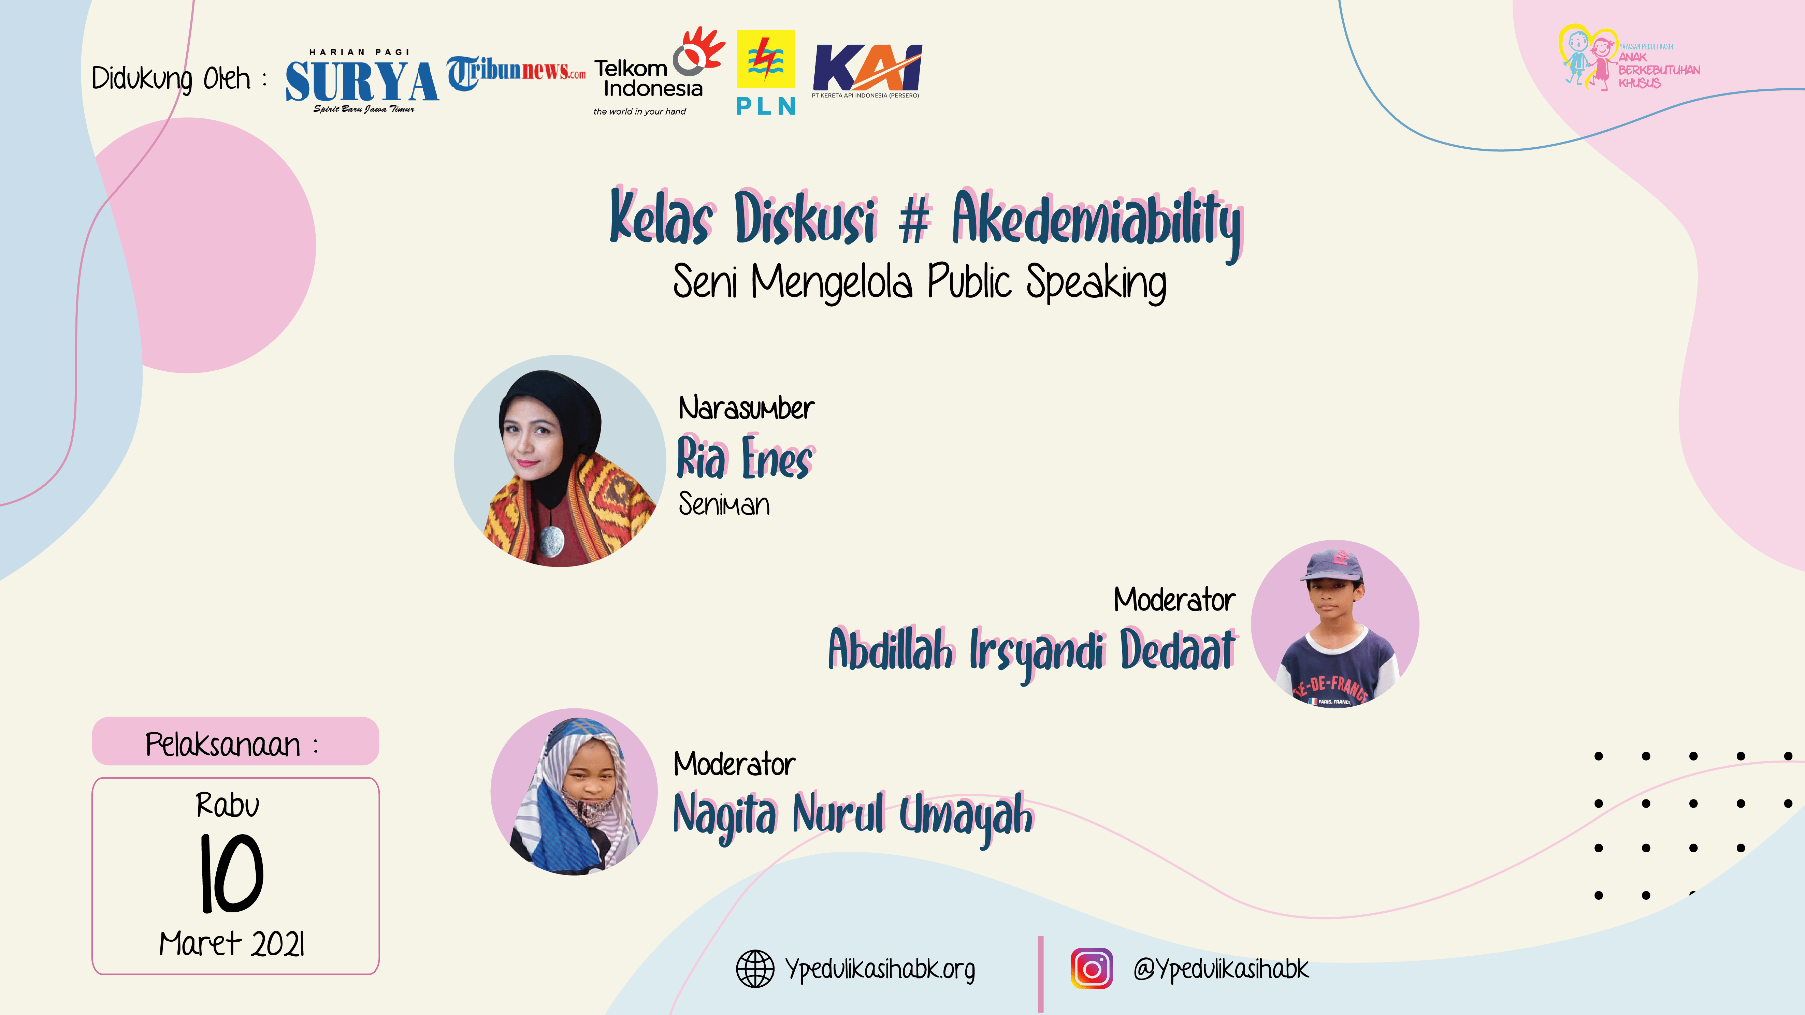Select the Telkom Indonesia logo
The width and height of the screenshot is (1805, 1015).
click(x=659, y=71)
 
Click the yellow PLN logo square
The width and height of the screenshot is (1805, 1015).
click(x=765, y=59)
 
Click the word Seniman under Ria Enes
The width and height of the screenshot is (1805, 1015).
click(x=724, y=504)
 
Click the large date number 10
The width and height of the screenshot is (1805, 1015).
click(x=232, y=873)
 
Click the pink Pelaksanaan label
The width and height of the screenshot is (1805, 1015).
click(x=235, y=741)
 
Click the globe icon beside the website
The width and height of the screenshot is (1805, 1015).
click(x=755, y=969)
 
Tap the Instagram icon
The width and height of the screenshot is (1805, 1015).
click(x=1091, y=969)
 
